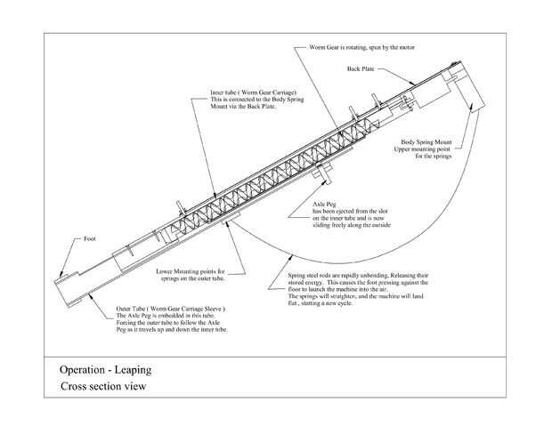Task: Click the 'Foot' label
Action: tap(89, 239)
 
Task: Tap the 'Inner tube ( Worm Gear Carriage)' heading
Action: tap(241, 92)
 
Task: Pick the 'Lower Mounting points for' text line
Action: tap(191, 270)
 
